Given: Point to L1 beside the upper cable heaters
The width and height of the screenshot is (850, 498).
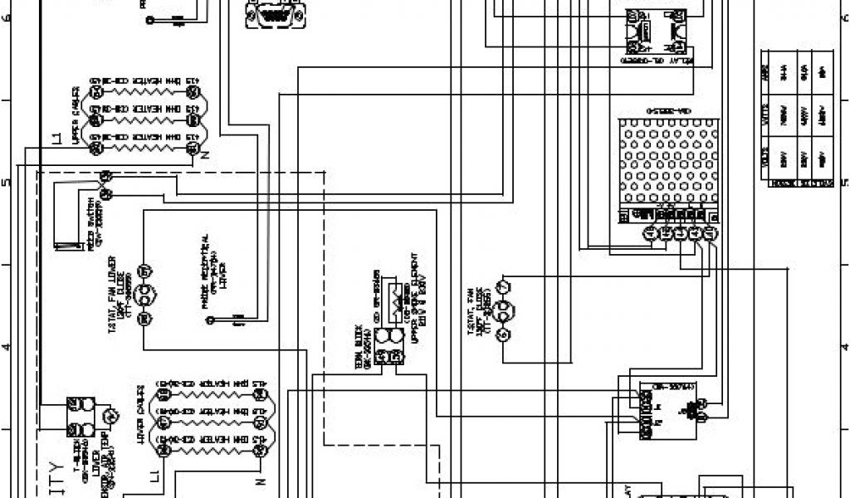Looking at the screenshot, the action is coord(56,138).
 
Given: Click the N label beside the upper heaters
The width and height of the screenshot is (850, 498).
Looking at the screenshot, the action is coord(204,153).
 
